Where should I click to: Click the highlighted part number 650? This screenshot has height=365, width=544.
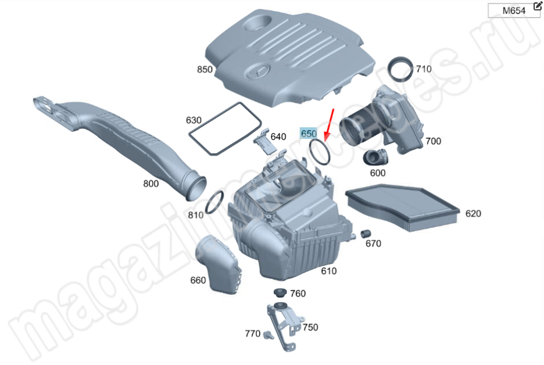(309, 133)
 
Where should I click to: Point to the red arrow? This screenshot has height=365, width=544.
(329, 125)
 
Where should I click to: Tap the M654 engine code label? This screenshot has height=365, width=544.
(514, 11)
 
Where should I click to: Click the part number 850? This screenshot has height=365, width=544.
(205, 69)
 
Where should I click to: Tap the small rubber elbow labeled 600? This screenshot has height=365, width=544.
(375, 157)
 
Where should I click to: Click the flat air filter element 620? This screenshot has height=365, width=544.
(402, 207)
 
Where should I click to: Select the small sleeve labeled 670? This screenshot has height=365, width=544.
(366, 234)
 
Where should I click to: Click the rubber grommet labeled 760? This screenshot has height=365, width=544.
(280, 292)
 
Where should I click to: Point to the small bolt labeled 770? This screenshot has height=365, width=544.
(268, 335)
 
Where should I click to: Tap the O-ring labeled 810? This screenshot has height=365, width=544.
(215, 202)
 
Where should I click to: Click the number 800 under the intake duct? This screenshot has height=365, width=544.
(151, 184)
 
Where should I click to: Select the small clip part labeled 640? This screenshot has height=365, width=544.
(265, 142)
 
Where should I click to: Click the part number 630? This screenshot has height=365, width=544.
(194, 120)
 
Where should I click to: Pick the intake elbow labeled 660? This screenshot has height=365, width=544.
(218, 264)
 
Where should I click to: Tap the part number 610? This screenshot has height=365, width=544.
(328, 271)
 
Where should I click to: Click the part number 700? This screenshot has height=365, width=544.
(434, 141)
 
